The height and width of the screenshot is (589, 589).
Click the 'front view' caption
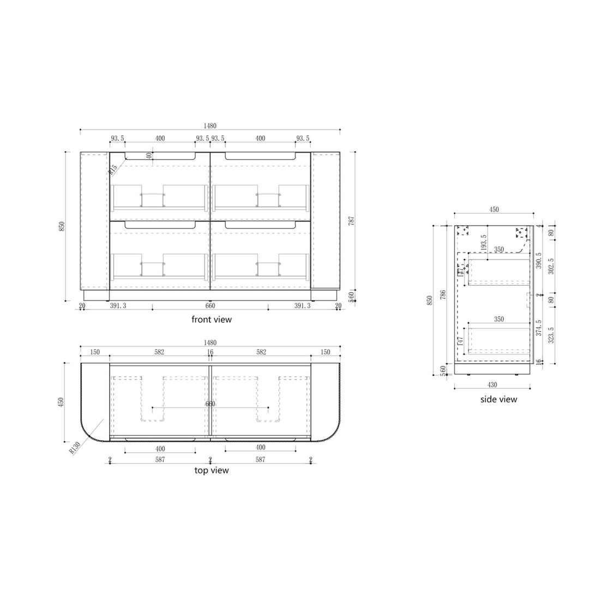(x=212, y=320)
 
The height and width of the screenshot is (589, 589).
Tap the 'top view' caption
(x=212, y=470)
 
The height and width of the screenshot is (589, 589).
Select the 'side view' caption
(x=498, y=399)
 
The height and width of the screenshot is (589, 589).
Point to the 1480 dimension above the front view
(x=210, y=125)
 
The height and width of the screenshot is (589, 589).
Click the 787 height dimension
(x=352, y=221)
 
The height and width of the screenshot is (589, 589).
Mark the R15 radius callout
(x=113, y=170)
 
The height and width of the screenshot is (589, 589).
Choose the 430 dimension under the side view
(x=492, y=384)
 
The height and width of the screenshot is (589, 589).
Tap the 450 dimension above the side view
(x=494, y=209)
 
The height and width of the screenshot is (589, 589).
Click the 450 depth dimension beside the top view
(x=61, y=402)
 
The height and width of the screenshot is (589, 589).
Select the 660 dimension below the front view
(x=210, y=306)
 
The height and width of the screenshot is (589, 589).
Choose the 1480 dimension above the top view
(x=210, y=342)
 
